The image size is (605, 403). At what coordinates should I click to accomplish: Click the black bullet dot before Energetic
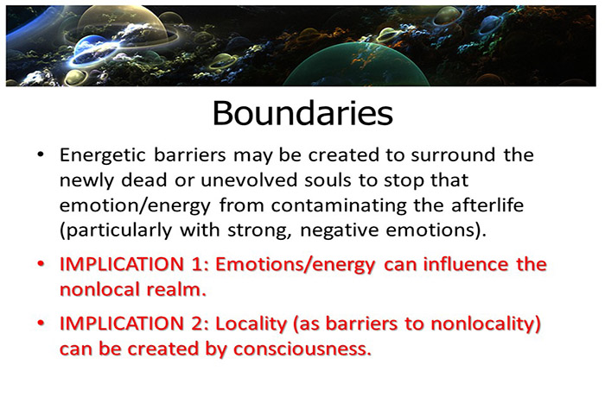40,155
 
